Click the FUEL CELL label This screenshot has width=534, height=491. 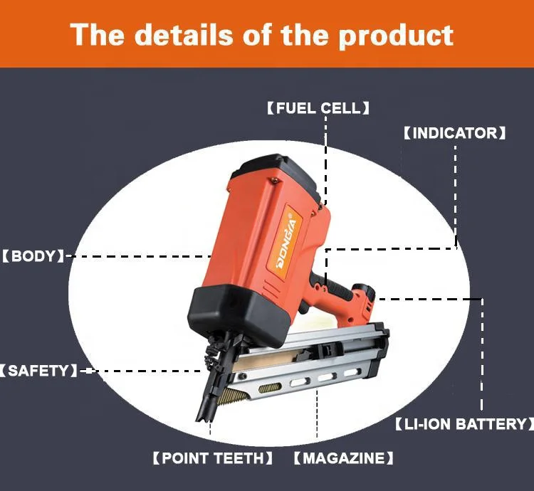click(x=318, y=108)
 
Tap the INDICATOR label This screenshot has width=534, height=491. click(x=454, y=133)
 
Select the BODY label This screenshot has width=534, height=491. click(x=33, y=255)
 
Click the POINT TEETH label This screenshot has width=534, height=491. click(x=212, y=458)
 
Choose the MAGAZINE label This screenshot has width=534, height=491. click(x=343, y=458)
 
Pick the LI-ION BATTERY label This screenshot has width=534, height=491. click(x=464, y=424)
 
